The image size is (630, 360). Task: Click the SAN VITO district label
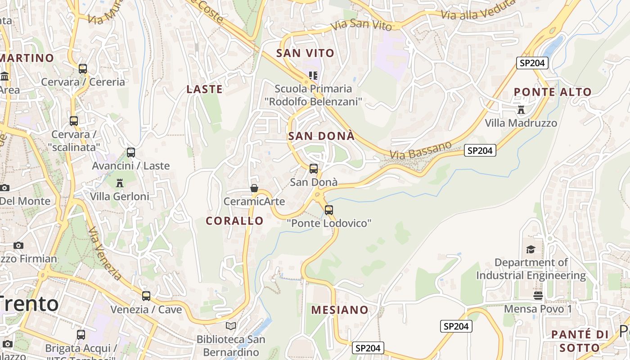point(305,53)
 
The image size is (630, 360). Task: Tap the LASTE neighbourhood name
point(204,89)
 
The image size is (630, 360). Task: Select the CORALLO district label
point(234,220)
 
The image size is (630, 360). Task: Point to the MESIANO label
point(340,310)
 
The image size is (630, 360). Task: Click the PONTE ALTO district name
point(553,92)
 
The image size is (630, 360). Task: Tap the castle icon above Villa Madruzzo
point(521,109)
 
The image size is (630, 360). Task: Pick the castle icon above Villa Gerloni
point(120,183)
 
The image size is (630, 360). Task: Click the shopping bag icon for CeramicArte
point(254,188)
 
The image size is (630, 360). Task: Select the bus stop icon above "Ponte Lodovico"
point(329,210)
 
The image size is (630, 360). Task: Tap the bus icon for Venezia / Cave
point(146,296)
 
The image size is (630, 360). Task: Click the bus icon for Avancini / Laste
point(131,152)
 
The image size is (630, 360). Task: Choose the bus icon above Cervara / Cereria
point(83,68)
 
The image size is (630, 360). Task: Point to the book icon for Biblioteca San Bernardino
point(231,325)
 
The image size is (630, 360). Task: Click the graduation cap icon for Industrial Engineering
point(531,249)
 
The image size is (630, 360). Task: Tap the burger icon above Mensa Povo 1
point(538,295)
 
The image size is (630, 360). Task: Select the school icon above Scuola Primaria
point(313,75)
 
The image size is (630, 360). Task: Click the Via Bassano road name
point(420,150)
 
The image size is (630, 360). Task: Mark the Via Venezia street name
point(105,254)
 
